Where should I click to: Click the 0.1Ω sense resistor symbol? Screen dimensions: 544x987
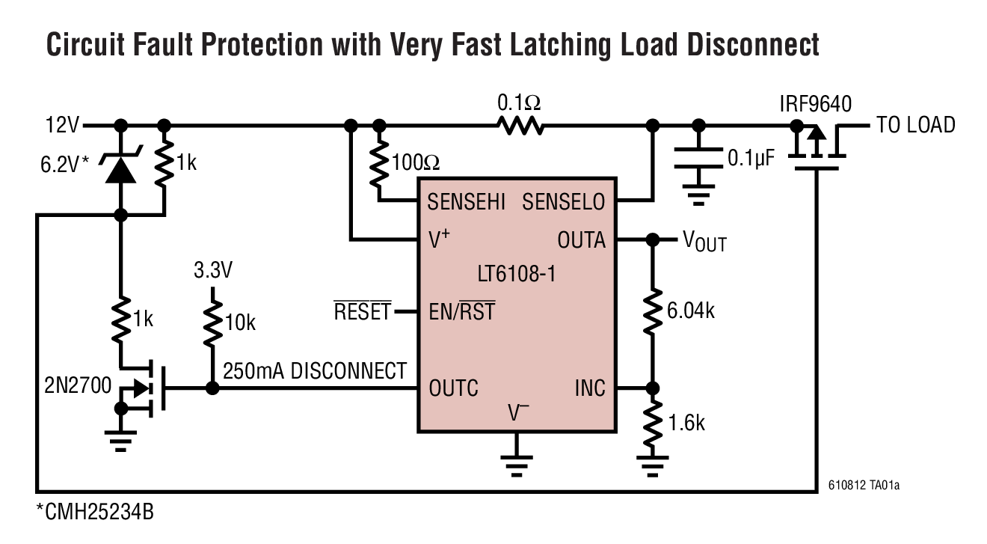pyautogui.click(x=522, y=126)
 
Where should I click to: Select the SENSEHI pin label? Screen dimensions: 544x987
pyautogui.click(x=466, y=201)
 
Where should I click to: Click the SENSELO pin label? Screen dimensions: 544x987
pyautogui.click(x=563, y=201)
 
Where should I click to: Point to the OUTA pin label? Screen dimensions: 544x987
pyautogui.click(x=581, y=240)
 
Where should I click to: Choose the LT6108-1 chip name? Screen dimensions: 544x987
pyautogui.click(x=515, y=275)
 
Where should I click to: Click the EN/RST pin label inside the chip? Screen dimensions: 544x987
pyautogui.click(x=462, y=311)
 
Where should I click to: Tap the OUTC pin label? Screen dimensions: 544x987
pyautogui.click(x=453, y=388)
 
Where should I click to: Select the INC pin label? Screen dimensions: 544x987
pyautogui.click(x=590, y=388)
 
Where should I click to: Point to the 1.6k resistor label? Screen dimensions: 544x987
pyautogui.click(x=686, y=423)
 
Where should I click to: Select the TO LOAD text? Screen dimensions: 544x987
pyautogui.click(x=915, y=126)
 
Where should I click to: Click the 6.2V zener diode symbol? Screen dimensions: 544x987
pyautogui.click(x=120, y=168)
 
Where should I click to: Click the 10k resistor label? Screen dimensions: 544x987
pyautogui.click(x=240, y=323)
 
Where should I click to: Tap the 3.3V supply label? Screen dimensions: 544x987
pyautogui.click(x=213, y=270)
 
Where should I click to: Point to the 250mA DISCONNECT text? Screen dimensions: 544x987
pyautogui.click(x=315, y=371)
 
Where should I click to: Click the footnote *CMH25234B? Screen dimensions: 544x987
pyautogui.click(x=95, y=513)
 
